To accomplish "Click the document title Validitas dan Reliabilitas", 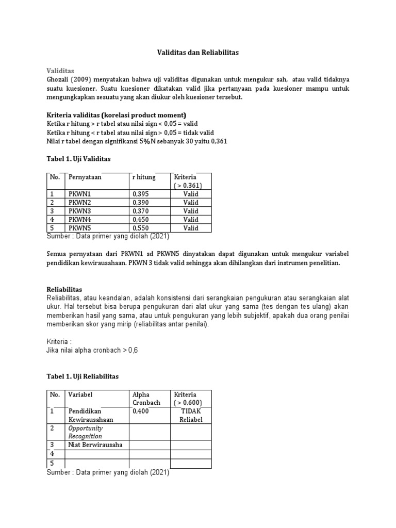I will pyautogui.click(x=197, y=53).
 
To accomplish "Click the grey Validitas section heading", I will pyautogui.click(x=61, y=70).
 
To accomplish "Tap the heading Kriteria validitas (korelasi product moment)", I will pyautogui.click(x=117, y=114).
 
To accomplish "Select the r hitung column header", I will pyautogui.click(x=143, y=177).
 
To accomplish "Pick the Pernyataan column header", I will pyautogui.click(x=85, y=177).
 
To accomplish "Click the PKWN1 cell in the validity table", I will pyautogui.click(x=79, y=194).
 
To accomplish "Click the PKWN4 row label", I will pyautogui.click(x=79, y=220).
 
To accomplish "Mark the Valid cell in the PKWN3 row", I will pyautogui.click(x=191, y=211).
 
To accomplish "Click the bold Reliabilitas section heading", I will pyautogui.click(x=64, y=289).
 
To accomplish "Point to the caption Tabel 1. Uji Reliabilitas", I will pyautogui.click(x=82, y=376).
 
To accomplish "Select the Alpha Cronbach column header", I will pyautogui.click(x=147, y=398).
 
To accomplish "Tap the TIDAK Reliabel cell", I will pyautogui.click(x=191, y=415).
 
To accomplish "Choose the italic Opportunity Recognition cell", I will pyautogui.click(x=86, y=432).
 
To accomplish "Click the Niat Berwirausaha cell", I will pyautogui.click(x=95, y=444).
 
